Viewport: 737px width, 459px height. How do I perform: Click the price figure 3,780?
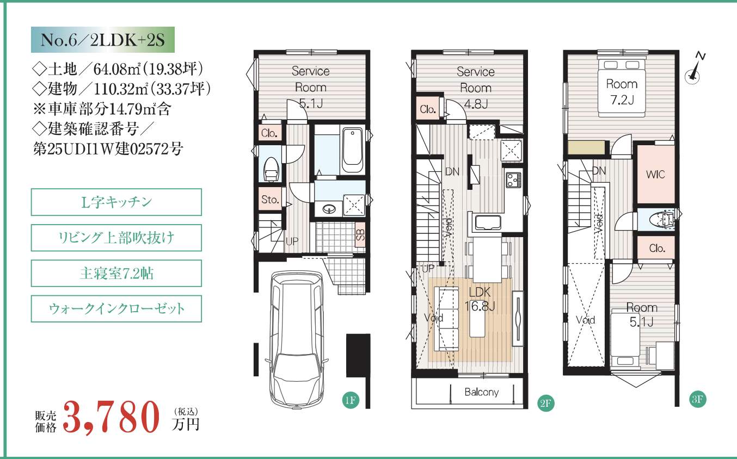point(111,417)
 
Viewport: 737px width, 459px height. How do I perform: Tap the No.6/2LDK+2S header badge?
point(103,40)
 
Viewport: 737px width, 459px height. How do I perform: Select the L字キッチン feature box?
point(116,202)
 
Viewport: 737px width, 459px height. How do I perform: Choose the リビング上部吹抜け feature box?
point(116,238)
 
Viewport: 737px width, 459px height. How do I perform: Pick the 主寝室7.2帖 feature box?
point(116,273)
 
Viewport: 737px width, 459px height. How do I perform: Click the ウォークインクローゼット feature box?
point(116,309)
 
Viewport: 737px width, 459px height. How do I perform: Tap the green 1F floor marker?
point(351,400)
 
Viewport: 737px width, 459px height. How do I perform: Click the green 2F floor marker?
point(545,403)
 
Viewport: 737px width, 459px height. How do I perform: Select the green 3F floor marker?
point(697,399)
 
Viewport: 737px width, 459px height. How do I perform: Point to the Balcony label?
point(481,392)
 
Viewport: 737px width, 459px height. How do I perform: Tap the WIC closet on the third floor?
point(656,174)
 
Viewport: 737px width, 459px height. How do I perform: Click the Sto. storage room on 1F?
point(270,199)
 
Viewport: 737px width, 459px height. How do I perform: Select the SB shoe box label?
point(360,234)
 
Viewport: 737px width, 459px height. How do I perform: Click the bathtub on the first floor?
point(352,151)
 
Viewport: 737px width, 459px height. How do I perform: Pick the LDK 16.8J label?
point(480,299)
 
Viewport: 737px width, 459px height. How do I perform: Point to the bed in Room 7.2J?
point(622,88)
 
